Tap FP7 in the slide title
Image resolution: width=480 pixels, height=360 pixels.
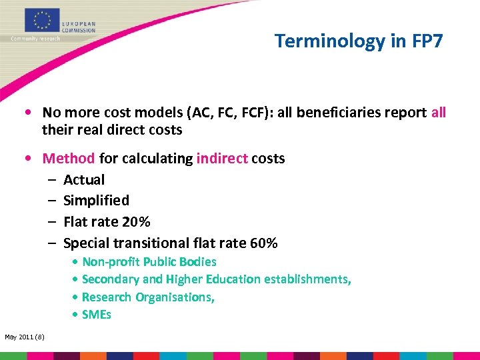423,41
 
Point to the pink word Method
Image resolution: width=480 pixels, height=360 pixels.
69,159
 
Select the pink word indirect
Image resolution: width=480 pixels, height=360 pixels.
221,159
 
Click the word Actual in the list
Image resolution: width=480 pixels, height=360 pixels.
84,180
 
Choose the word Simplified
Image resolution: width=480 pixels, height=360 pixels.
96,201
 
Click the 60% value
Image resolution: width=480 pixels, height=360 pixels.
263,243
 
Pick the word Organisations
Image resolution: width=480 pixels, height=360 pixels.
175,297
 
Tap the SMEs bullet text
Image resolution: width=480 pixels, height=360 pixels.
96,315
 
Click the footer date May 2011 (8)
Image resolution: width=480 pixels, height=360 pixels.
25,337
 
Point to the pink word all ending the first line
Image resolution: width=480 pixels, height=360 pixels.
439,113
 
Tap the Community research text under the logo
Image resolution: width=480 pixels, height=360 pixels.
35,39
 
